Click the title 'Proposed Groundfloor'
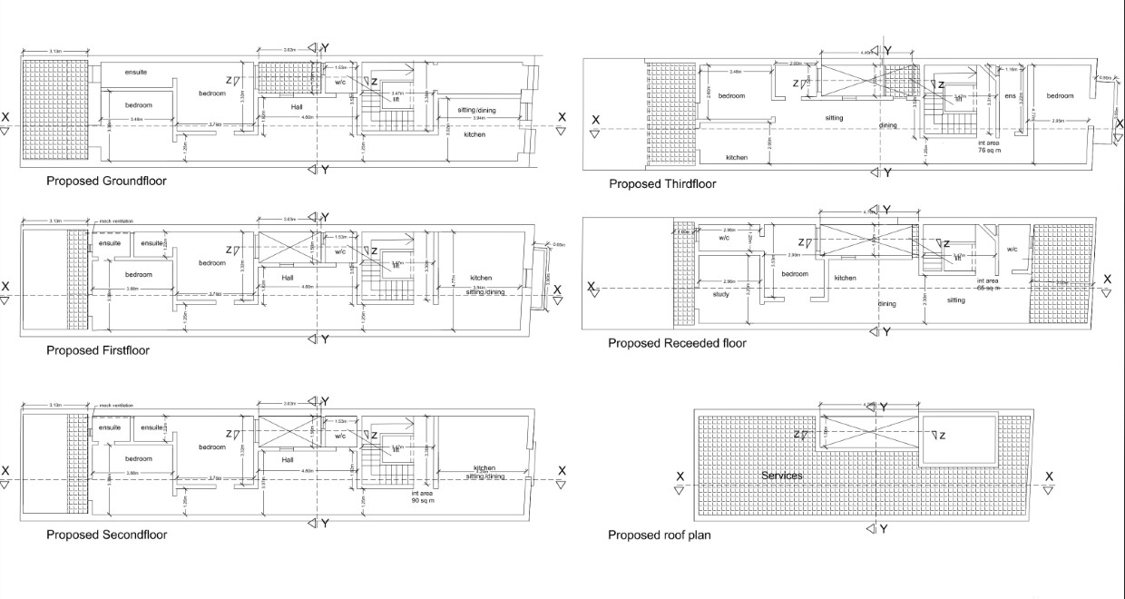[x=106, y=181]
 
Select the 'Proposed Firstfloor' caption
[x=98, y=350]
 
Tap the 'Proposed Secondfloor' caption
[x=106, y=535]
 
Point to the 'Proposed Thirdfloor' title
[x=662, y=184]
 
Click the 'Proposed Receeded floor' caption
[x=677, y=343]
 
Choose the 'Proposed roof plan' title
[x=660, y=535]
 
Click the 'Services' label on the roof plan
[x=781, y=476]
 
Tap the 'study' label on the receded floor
[x=721, y=294]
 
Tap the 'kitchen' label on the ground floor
[x=474, y=134]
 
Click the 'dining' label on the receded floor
[x=886, y=305]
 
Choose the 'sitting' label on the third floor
[x=834, y=118]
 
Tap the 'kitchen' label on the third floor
[x=737, y=158]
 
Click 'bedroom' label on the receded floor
[x=795, y=274]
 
